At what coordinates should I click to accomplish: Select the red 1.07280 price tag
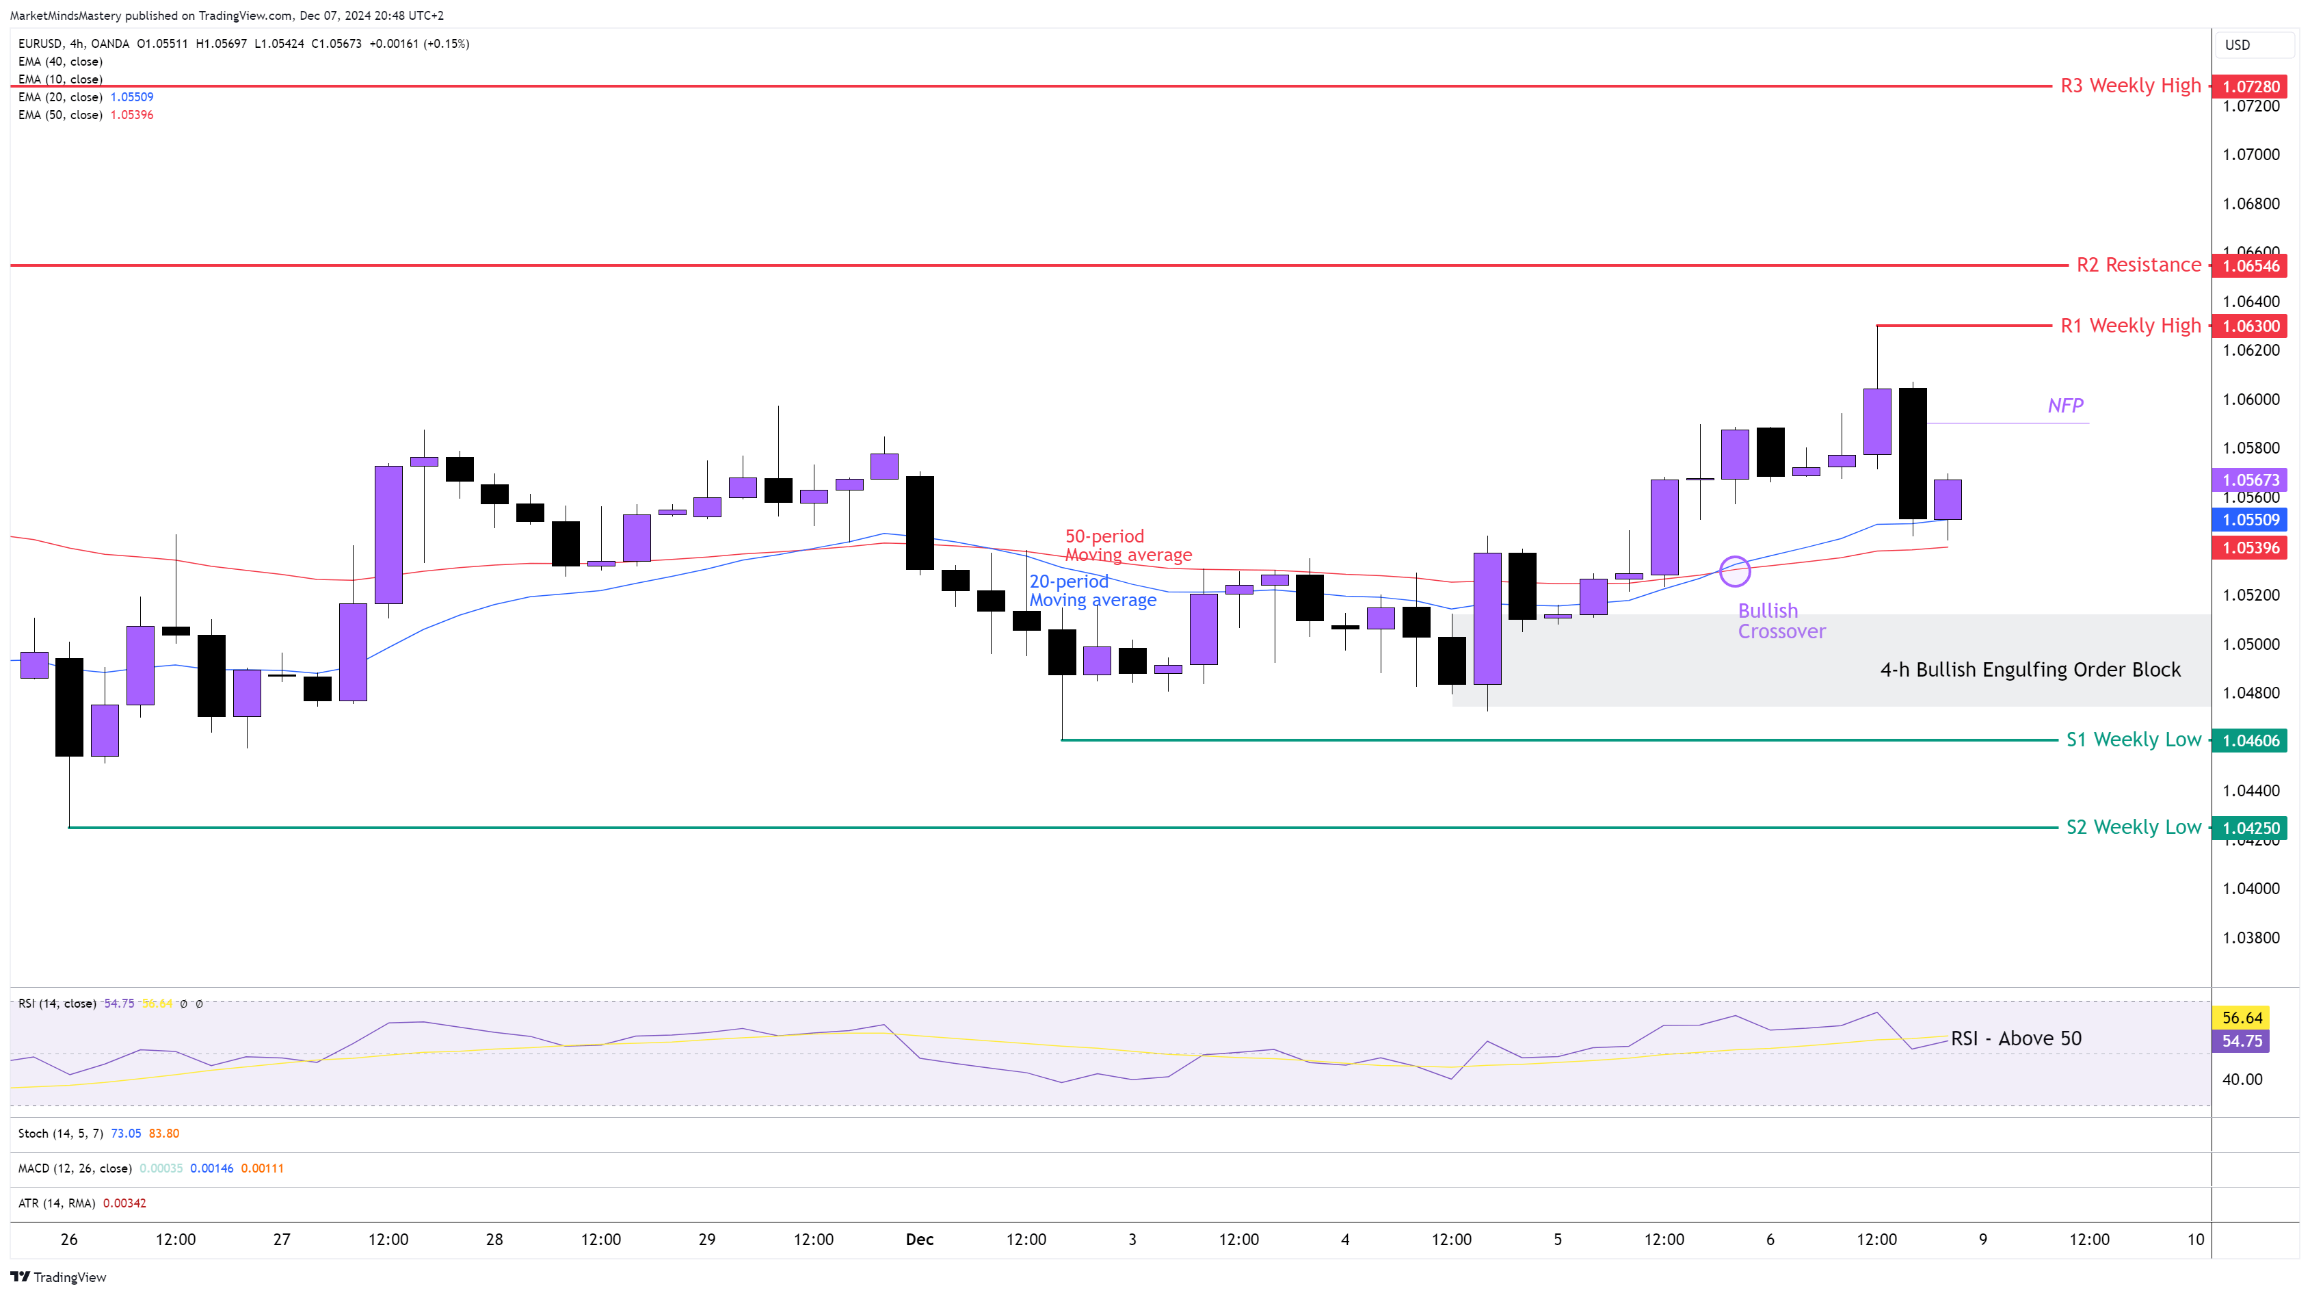point(2250,87)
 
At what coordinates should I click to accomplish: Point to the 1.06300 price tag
point(2250,326)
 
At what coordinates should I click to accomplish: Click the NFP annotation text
point(2065,406)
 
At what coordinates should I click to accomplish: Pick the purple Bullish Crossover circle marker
point(1734,571)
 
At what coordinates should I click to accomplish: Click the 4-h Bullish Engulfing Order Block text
point(2030,670)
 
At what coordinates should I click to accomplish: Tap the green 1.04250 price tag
point(2250,828)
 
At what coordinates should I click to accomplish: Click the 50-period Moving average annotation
point(1127,545)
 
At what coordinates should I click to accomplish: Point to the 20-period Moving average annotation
point(1091,591)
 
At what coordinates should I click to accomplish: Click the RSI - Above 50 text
point(2016,1038)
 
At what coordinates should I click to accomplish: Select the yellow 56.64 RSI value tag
point(2242,1018)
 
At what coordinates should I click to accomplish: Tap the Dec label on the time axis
point(919,1240)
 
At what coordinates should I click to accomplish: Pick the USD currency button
point(2238,45)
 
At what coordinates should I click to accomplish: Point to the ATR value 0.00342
point(124,1203)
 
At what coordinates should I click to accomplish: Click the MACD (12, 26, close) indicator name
point(75,1168)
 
